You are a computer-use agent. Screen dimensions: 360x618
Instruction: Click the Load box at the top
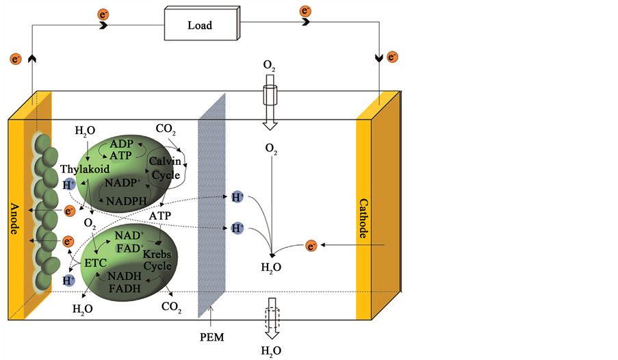(200, 26)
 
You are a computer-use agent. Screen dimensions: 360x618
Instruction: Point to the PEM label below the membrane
(211, 337)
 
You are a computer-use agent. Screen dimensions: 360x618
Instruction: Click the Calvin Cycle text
(165, 168)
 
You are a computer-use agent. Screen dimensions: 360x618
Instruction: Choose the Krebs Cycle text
(157, 260)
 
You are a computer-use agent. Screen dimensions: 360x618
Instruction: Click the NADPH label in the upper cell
(122, 201)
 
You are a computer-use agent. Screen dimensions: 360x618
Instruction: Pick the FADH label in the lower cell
(123, 288)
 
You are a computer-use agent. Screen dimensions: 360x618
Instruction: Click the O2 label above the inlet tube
(270, 66)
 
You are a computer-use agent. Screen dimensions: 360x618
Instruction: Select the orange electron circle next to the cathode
(311, 245)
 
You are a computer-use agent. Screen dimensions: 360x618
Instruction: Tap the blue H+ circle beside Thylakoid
(69, 184)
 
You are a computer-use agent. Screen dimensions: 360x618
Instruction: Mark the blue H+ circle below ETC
(68, 280)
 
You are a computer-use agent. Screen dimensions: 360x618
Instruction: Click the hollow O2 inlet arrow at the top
(270, 103)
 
